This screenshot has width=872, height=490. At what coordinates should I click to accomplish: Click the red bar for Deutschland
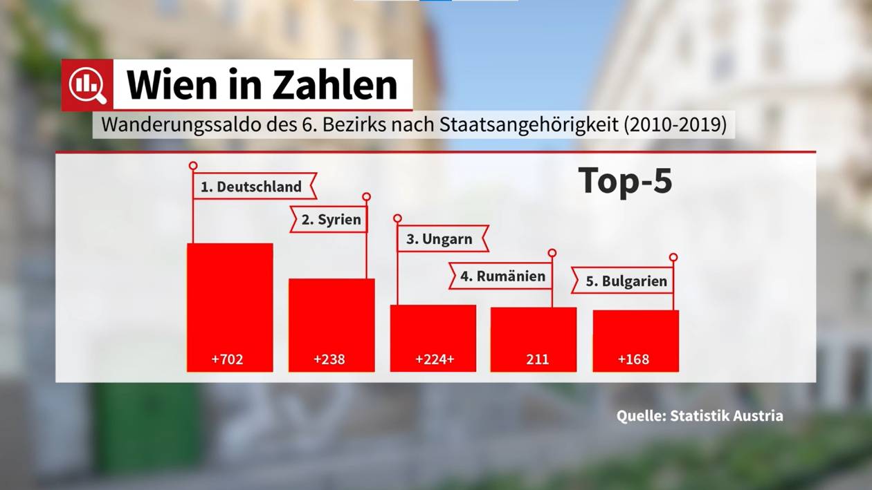click(x=230, y=297)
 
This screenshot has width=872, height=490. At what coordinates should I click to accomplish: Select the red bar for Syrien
click(x=331, y=315)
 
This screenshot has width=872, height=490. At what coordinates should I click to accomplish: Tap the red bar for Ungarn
click(x=433, y=328)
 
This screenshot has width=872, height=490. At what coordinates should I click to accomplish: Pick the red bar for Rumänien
click(x=534, y=330)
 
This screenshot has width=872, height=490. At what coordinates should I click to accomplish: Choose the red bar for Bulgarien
click(x=635, y=332)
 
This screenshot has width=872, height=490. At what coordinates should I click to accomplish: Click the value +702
click(x=228, y=359)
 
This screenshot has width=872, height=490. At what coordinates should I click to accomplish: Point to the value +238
click(x=329, y=359)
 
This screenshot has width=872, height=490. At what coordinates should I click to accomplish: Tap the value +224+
click(x=435, y=359)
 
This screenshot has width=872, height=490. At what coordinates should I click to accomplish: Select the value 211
click(x=538, y=359)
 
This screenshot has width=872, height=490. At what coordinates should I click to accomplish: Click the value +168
click(x=633, y=359)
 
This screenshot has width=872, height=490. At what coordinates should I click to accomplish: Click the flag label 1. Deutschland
click(x=252, y=187)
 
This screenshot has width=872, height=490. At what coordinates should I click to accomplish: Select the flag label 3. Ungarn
click(x=439, y=239)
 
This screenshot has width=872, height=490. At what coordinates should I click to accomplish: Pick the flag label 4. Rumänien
click(x=502, y=276)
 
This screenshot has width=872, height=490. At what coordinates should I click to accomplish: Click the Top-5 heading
click(x=626, y=181)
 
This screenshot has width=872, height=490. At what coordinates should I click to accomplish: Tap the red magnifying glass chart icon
click(x=87, y=85)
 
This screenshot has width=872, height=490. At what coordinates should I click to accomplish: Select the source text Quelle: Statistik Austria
click(x=700, y=416)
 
